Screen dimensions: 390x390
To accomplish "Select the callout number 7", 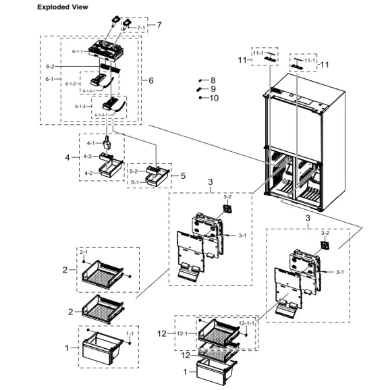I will pos(159,25).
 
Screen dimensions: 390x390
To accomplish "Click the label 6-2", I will pos(51,67).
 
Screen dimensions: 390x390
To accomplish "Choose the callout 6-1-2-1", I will pos(91,90).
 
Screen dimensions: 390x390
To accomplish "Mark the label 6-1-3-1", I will pos(101,115).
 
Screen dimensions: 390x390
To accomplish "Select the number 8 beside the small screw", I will pos(213,80).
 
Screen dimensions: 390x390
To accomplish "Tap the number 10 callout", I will pos(215,98).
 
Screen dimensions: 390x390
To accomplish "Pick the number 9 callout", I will pos(213,89).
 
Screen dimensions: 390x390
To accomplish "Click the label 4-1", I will pos(91,143).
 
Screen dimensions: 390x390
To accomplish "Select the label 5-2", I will pos(134,171).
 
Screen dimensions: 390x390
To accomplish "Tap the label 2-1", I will pos(84,252).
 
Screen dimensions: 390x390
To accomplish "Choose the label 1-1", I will pos(130,333).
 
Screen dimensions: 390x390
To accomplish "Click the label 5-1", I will pos(134,182).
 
